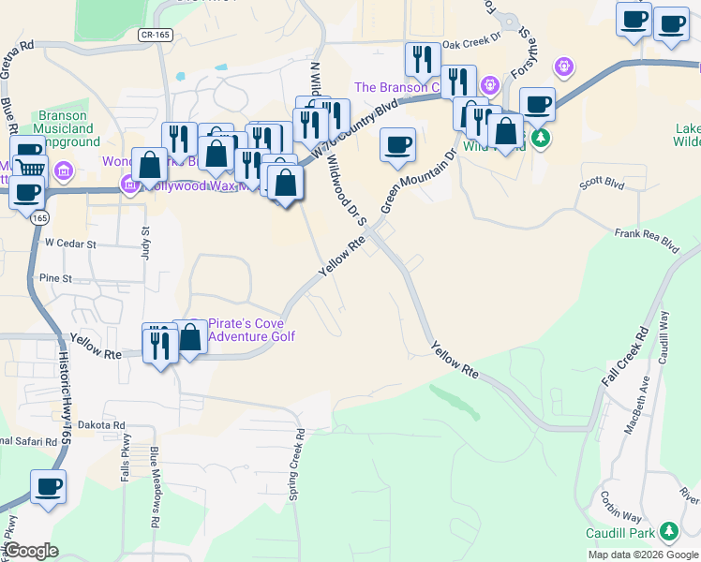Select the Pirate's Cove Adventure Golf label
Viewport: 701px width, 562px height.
pyautogui.click(x=250, y=330)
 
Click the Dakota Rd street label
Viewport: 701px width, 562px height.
pyautogui.click(x=102, y=424)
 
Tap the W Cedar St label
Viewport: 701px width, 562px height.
pyautogui.click(x=70, y=243)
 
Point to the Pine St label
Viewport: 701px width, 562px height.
pyautogui.click(x=56, y=278)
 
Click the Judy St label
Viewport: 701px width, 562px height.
pyautogui.click(x=145, y=235)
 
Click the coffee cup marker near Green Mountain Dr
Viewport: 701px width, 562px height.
pyautogui.click(x=398, y=144)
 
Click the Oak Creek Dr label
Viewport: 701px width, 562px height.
pyautogui.click(x=472, y=43)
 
